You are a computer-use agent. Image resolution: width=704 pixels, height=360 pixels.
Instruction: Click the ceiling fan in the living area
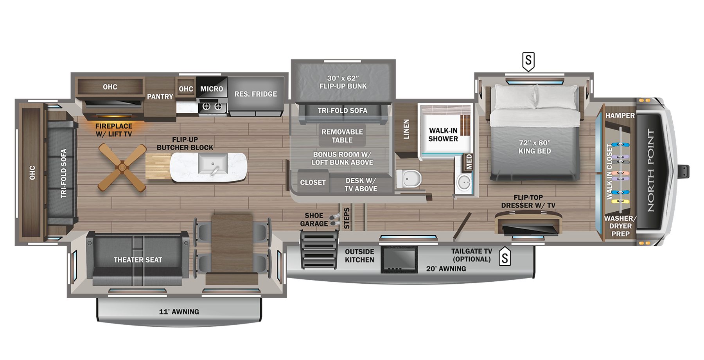coord(122,167)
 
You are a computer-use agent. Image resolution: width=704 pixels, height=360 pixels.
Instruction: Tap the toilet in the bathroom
coord(409,179)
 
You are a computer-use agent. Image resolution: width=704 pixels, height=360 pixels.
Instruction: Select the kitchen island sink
coord(212,164)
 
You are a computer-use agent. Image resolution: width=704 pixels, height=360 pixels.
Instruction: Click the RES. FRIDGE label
coord(255,94)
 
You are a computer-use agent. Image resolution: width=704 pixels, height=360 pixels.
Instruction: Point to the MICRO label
coord(212,89)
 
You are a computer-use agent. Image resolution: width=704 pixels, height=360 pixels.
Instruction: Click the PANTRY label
coord(160,97)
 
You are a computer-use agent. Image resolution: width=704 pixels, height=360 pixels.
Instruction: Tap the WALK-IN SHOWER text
coord(443,135)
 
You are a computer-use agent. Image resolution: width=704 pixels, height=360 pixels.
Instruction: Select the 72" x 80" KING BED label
coord(535,147)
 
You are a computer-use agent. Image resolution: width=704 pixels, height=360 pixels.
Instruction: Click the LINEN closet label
coord(406,129)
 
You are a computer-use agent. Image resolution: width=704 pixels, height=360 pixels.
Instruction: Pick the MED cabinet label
coord(469,162)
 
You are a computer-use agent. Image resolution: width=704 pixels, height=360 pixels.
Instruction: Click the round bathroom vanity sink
coord(464,183)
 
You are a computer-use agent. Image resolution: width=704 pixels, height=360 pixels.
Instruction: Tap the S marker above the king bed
coord(528,61)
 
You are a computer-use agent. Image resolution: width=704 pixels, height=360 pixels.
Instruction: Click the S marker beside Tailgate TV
coord(505,257)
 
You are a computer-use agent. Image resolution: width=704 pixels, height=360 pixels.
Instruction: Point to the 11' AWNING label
coord(179,312)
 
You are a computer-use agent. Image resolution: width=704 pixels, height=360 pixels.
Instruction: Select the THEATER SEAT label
coord(138,260)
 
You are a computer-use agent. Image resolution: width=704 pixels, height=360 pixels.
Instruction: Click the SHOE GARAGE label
coord(314,220)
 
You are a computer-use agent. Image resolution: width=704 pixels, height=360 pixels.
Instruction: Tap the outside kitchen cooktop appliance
coord(399,259)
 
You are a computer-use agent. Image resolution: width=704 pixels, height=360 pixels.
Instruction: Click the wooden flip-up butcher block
coord(158,166)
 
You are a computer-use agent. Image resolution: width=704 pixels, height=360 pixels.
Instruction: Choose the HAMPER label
coord(620,115)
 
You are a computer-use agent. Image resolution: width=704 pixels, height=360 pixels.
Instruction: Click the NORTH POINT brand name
coord(650,170)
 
